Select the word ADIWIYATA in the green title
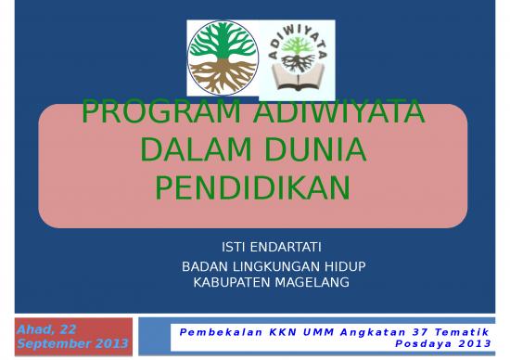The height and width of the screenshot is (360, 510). click(340, 115)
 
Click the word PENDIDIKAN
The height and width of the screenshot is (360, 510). click(251, 187)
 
